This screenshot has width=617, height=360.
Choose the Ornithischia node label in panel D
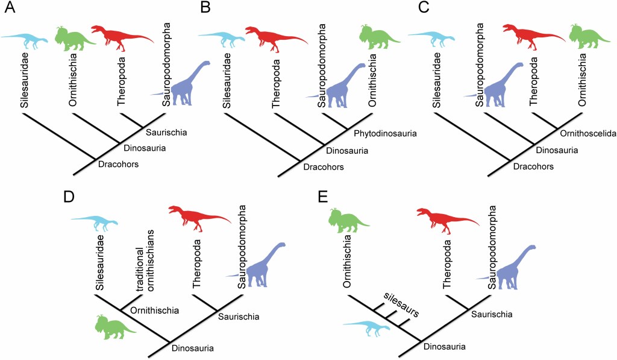coord(155,311)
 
